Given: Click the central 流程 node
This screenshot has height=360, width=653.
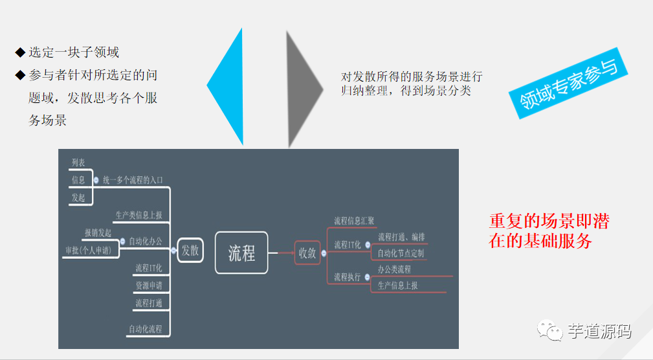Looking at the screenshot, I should pyautogui.click(x=241, y=253).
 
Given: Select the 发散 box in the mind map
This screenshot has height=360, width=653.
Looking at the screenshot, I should pyautogui.click(x=190, y=251).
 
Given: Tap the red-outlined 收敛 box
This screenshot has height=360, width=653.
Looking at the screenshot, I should pyautogui.click(x=307, y=253).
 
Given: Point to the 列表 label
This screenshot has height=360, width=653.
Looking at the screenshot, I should pyautogui.click(x=78, y=163).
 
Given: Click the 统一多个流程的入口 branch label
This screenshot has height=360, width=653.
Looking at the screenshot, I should pyautogui.click(x=133, y=180).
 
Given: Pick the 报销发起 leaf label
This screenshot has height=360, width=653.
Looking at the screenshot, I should pyautogui.click(x=98, y=232).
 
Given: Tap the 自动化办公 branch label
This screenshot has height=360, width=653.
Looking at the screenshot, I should pyautogui.click(x=145, y=242).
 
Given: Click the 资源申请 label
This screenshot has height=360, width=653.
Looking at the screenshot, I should pyautogui.click(x=148, y=286).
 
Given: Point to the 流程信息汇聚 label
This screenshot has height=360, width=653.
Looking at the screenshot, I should pyautogui.click(x=354, y=221).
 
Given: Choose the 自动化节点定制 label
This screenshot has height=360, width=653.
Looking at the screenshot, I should pyautogui.click(x=401, y=253).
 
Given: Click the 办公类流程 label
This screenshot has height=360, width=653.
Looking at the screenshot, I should pyautogui.click(x=394, y=269).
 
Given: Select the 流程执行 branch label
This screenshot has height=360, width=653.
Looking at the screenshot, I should pyautogui.click(x=348, y=277).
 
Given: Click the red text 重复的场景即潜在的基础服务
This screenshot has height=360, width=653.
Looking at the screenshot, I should pyautogui.click(x=549, y=231).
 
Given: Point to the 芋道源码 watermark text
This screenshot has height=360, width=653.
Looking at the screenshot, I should pyautogui.click(x=599, y=332).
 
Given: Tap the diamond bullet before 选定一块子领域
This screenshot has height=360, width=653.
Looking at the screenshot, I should pyautogui.click(x=19, y=52).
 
